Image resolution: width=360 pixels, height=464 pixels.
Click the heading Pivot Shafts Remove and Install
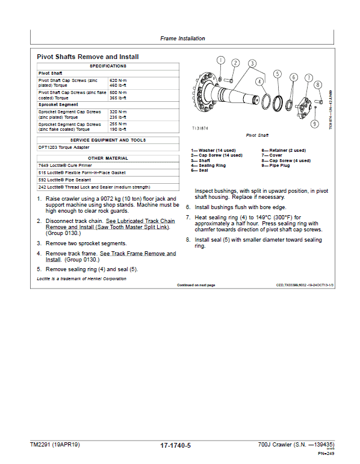point(88,57)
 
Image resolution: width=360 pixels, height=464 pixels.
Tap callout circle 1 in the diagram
point(221,60)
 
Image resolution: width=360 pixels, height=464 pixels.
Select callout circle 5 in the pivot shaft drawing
point(277,74)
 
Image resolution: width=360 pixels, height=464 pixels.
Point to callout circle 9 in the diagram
point(314,124)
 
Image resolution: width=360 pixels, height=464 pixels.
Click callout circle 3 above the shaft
point(252,63)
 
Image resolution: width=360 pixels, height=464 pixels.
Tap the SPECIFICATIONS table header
point(108,66)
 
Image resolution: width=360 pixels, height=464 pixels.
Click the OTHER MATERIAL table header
point(108,158)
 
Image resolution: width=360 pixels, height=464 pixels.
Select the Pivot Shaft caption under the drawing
point(258,136)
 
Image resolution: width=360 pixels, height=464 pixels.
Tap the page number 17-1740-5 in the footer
point(176,445)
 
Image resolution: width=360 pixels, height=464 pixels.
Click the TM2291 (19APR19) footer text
point(55,445)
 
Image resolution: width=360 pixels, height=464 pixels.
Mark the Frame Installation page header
point(182,39)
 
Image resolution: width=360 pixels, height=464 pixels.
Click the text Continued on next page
point(196,284)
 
